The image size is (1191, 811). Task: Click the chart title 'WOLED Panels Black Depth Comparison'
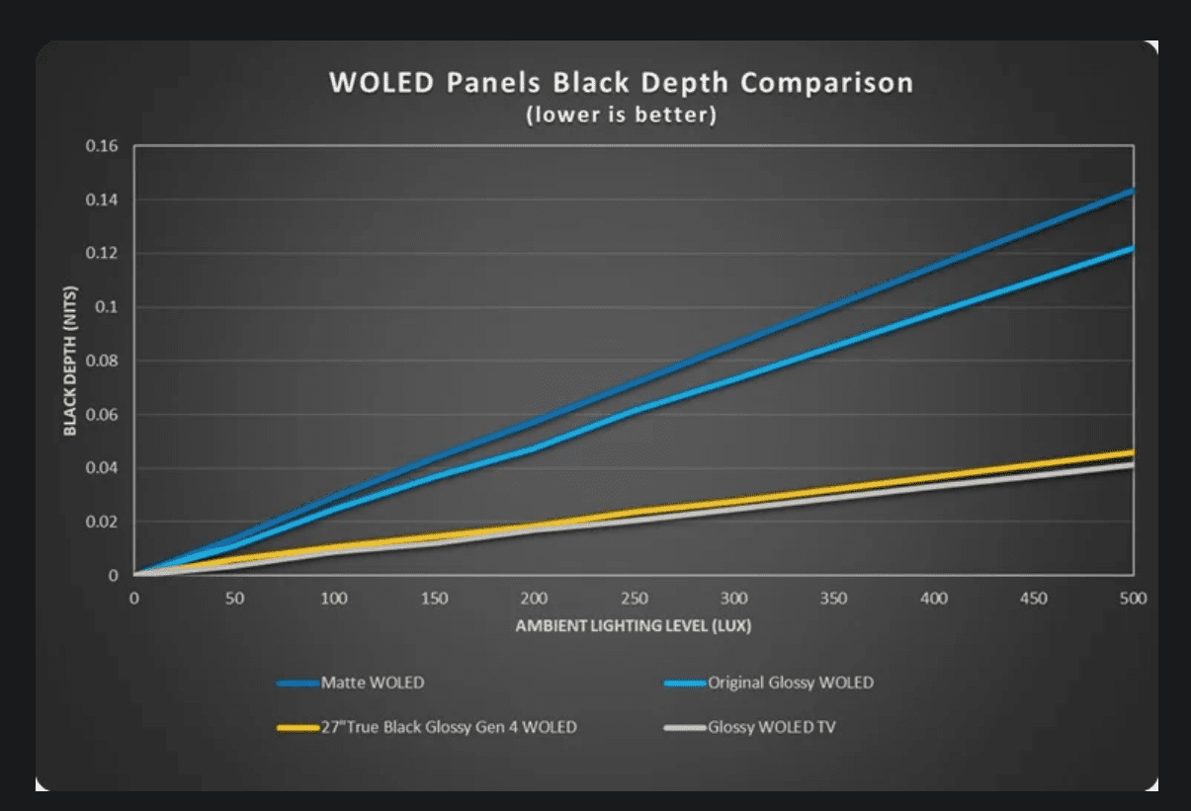coord(621,82)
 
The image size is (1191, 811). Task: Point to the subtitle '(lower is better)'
coord(621,115)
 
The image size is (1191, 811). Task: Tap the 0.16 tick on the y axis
coord(102,146)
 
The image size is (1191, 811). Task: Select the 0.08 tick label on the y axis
coord(102,361)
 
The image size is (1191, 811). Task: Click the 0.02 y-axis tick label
coord(102,522)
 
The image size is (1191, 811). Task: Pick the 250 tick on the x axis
coord(635,599)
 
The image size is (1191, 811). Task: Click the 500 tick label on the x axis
coord(1133,599)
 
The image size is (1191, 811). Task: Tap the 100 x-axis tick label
coord(334,599)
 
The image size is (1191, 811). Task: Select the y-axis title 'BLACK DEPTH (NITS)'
coord(70,361)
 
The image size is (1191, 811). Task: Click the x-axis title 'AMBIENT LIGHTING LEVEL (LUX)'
coord(634,626)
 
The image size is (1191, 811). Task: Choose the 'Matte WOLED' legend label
coord(373,683)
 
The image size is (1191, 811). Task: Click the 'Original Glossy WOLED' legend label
coord(791,683)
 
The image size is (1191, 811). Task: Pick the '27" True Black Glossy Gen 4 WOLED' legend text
coord(449,728)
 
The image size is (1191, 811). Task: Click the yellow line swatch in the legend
coord(298,728)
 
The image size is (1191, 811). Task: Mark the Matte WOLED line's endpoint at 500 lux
coord(1132,191)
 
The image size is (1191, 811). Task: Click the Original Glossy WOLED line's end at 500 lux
coord(1132,248)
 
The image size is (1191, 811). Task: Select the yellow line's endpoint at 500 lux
coord(1132,452)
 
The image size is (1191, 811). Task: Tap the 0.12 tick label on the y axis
coord(102,254)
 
